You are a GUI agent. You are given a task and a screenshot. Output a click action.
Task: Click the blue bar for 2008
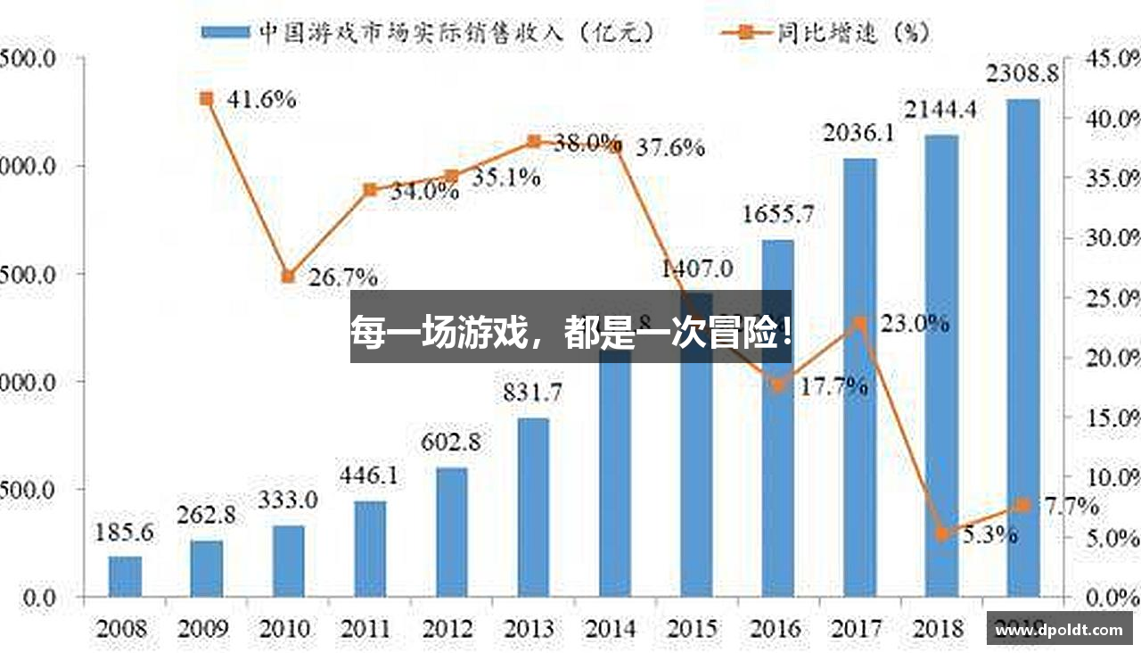click(125, 576)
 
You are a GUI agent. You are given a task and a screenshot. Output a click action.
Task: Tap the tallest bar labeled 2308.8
click(1023, 348)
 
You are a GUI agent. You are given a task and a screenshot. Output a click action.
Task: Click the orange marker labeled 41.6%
click(207, 99)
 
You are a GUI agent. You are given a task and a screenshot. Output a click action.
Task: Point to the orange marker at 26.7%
click(288, 277)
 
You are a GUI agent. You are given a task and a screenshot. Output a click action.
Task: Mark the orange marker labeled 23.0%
click(860, 323)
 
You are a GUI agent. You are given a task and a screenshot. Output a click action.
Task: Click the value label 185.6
click(124, 533)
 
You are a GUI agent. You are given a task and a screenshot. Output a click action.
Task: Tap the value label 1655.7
click(778, 215)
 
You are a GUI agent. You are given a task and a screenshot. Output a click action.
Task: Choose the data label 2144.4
click(941, 111)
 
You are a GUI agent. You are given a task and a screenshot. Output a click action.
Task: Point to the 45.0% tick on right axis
click(1111, 58)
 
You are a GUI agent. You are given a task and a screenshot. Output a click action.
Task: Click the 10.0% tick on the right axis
click(1111, 477)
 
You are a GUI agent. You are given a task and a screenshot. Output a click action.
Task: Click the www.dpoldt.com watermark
click(1059, 630)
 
